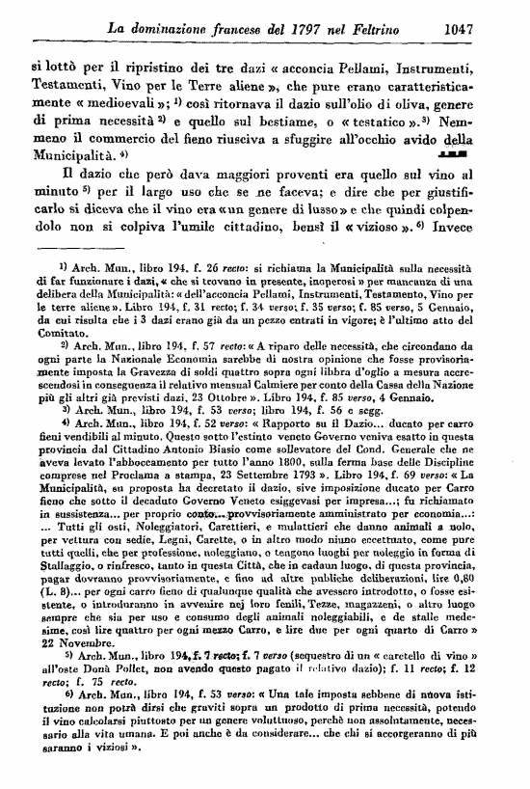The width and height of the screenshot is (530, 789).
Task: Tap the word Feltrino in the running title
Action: [x=395, y=27]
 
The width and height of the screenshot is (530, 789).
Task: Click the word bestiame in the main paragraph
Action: [x=325, y=122]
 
